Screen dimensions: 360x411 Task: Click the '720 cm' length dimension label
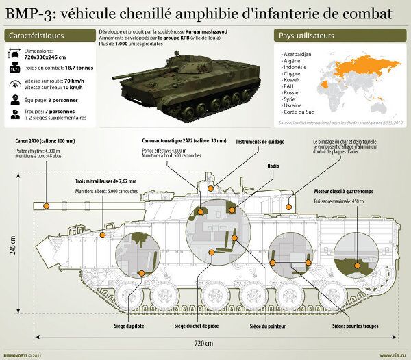pyautogui.click(x=203, y=342)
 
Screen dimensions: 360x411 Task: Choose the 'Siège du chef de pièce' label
pyautogui.click(x=196, y=325)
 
